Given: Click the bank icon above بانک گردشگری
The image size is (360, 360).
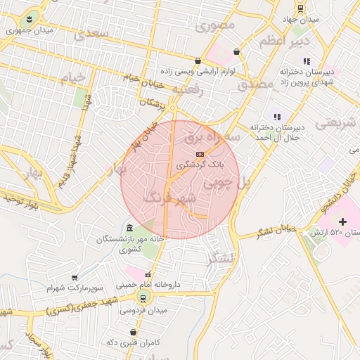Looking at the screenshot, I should pos(200,153).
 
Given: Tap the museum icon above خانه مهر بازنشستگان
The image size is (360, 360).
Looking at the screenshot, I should pos(130,228).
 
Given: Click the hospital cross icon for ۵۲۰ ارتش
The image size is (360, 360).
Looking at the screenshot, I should pos(342,222).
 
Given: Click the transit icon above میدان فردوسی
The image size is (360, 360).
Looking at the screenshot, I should pos(143,298).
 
